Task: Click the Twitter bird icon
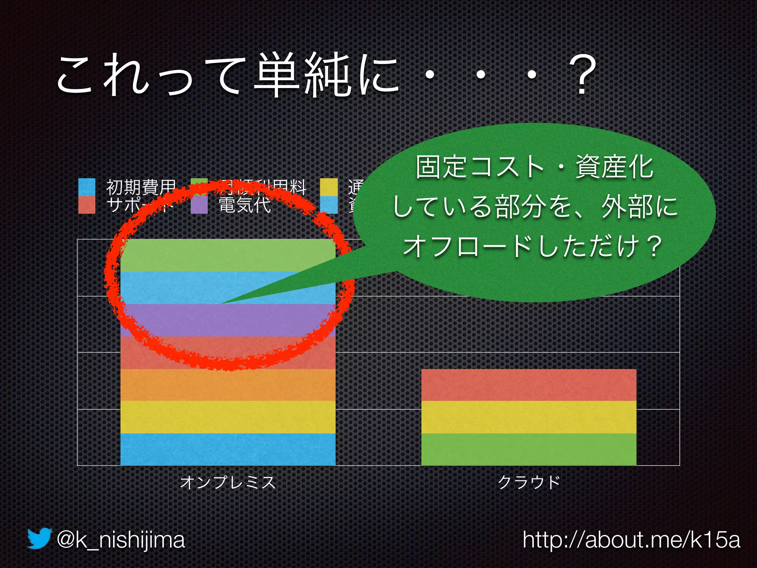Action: (x=39, y=538)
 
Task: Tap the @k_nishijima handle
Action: (x=120, y=540)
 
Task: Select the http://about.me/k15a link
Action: (x=631, y=540)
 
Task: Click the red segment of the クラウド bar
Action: (x=529, y=385)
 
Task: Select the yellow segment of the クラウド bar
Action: (x=529, y=417)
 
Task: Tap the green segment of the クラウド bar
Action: (x=529, y=449)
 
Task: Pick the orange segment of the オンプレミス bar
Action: (x=228, y=385)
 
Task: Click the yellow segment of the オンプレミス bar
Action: (x=228, y=417)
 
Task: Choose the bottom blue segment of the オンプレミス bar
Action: (x=228, y=449)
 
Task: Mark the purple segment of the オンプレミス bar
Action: (x=228, y=320)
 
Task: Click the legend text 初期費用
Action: (x=140, y=187)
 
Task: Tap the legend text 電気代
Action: (x=245, y=205)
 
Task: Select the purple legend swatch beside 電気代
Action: (x=199, y=205)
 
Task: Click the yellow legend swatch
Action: (x=329, y=187)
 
